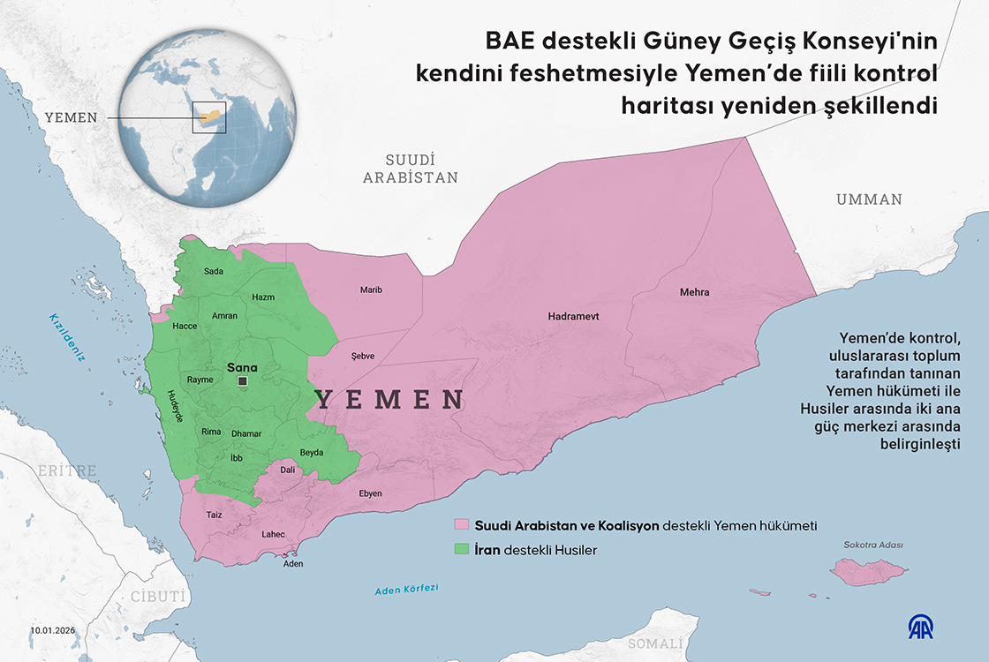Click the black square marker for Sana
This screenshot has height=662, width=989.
point(242,381)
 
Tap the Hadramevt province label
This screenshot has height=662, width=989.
point(573,315)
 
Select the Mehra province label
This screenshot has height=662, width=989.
point(694,292)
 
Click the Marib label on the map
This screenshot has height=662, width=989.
point(371,290)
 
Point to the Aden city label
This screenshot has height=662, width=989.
point(292,563)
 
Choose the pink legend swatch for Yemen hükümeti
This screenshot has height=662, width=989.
point(461,525)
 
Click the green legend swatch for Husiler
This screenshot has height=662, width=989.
point(461,550)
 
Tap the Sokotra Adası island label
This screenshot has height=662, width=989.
point(872,545)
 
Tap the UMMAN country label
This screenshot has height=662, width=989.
point(869,199)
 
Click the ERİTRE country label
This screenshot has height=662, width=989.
point(65,471)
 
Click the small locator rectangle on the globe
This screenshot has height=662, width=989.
point(209,117)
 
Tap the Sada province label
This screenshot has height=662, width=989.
point(214,271)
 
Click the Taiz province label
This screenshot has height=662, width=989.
point(214,514)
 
